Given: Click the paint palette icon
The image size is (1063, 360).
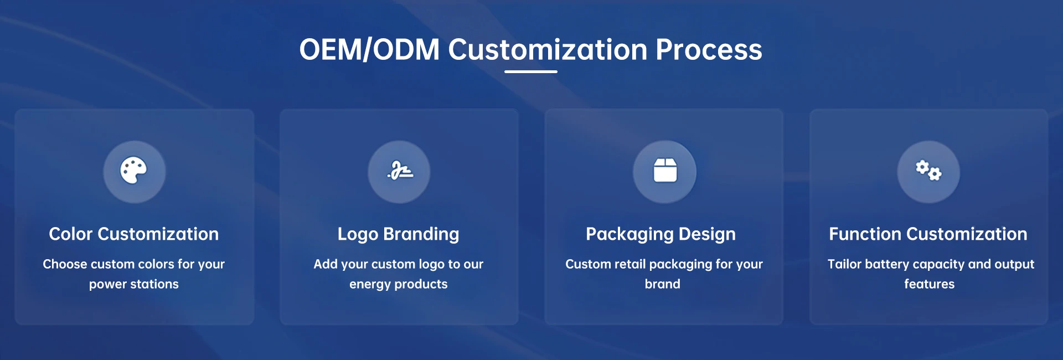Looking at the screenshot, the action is coord(133,171).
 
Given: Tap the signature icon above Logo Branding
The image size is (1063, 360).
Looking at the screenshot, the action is coord(400,171).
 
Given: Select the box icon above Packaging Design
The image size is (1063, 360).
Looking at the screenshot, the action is coord(665,171).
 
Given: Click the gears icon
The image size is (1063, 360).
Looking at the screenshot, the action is coord(928,171).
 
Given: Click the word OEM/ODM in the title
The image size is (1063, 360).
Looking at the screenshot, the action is coord(369,49).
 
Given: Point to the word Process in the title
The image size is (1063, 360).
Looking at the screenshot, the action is coord(709,49).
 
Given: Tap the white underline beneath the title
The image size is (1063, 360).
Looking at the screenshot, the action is coord(531,71).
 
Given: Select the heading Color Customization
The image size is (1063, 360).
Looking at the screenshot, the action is coord(134,234).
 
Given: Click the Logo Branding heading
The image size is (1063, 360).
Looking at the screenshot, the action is coord(399,234).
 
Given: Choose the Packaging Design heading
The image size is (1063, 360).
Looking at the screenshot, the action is coord(661,234).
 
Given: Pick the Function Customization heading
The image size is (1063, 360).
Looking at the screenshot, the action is coord(928,234).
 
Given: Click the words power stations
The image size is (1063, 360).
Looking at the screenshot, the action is coord(134,284).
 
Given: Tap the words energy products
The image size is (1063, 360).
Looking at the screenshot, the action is coord(399,284).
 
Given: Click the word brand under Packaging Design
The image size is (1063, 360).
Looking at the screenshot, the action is coord(663,284).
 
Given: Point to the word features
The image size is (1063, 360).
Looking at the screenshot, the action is coord(930,284).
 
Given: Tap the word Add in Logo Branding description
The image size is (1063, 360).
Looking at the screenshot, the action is coord(326,264).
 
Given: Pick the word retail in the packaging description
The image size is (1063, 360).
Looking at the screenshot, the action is coord(630,264).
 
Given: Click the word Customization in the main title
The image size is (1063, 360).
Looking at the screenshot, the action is coord(548,49).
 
